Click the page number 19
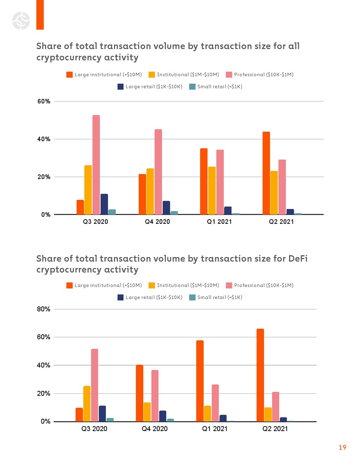(342, 447)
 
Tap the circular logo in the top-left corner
(21, 20)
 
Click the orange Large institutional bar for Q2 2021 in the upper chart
(266, 173)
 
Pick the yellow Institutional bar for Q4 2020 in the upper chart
(150, 191)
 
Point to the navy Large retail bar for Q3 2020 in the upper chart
(104, 204)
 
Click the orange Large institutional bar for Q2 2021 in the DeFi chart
(260, 375)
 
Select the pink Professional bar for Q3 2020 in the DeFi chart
(95, 385)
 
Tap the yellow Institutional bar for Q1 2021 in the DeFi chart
(208, 413)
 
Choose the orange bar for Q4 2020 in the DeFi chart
(139, 393)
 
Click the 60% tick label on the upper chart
(44, 101)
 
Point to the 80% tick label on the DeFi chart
(44, 309)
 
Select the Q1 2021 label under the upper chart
(219, 222)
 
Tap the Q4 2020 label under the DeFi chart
(155, 429)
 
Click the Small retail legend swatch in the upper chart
(192, 86)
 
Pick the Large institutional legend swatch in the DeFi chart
(70, 285)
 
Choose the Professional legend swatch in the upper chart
(229, 74)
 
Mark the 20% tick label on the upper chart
(44, 177)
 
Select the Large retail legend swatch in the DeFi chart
(121, 297)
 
